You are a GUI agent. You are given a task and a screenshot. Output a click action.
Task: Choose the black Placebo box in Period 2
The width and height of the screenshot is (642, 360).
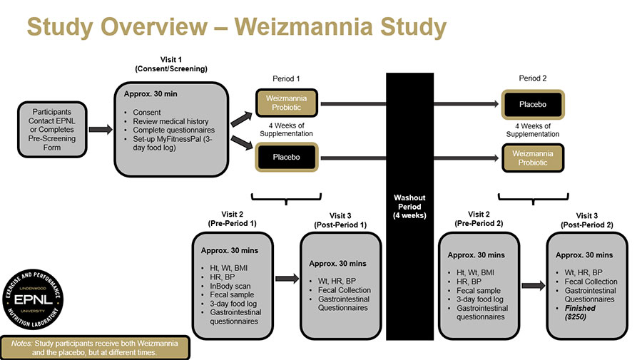point(533,104)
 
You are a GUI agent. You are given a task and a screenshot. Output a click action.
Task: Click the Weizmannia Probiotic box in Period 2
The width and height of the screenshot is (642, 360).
point(533,158)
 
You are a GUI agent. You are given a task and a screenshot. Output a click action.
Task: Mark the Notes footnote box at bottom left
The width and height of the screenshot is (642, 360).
point(95,347)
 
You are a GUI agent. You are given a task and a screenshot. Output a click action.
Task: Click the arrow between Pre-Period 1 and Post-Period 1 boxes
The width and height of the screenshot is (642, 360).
point(286,279)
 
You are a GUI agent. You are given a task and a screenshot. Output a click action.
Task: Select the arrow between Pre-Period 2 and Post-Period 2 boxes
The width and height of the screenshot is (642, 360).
point(533,285)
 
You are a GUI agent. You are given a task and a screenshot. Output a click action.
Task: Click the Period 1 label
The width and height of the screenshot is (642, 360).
point(287,78)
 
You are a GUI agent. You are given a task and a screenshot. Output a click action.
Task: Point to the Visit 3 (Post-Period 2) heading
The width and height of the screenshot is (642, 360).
point(586,220)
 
